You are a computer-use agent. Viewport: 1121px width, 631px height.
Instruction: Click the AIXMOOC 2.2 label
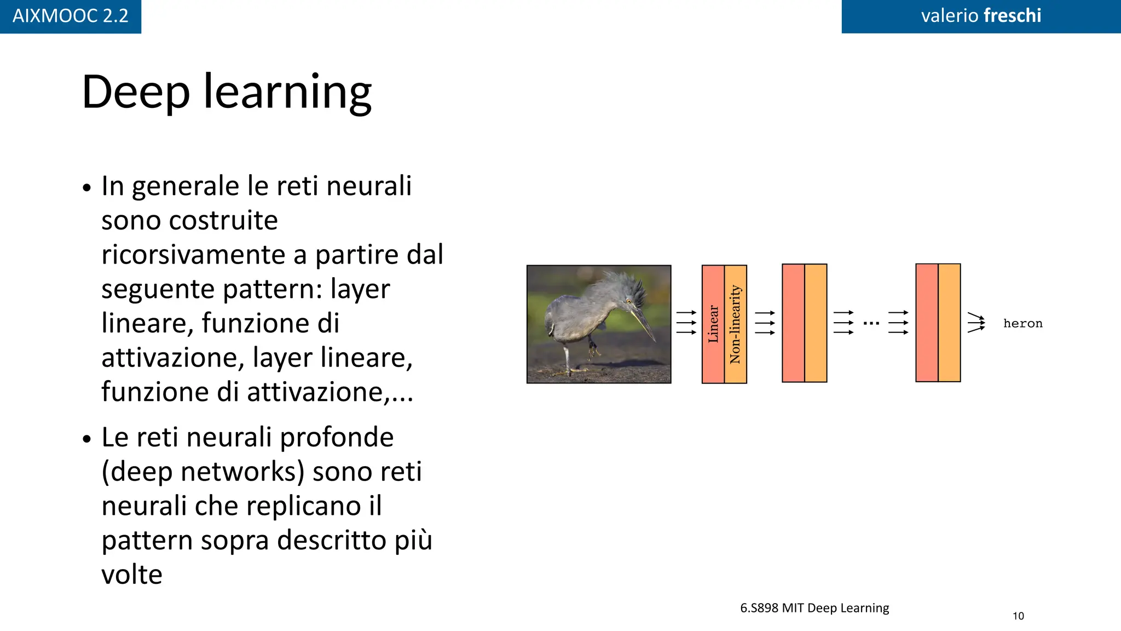(x=70, y=16)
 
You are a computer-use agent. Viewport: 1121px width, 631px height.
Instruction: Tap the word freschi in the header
(x=1012, y=16)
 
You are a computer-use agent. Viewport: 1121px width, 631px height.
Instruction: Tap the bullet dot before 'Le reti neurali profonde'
(x=87, y=439)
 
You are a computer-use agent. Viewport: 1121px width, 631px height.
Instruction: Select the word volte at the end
(x=132, y=575)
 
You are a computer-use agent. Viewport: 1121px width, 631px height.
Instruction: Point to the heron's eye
(x=629, y=301)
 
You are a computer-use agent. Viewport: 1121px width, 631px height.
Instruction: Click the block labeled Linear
(x=713, y=324)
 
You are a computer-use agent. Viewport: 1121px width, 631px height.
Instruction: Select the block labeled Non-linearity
(x=736, y=324)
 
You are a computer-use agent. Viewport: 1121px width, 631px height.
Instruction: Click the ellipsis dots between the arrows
(x=871, y=323)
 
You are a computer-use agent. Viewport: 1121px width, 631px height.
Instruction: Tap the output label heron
(x=1022, y=324)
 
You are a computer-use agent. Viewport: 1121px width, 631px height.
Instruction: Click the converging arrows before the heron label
(x=976, y=323)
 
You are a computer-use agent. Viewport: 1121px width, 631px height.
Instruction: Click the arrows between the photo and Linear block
(x=686, y=323)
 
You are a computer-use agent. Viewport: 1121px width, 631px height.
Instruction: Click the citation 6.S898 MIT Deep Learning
(x=814, y=608)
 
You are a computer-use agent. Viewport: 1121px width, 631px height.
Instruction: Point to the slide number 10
(x=1018, y=616)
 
